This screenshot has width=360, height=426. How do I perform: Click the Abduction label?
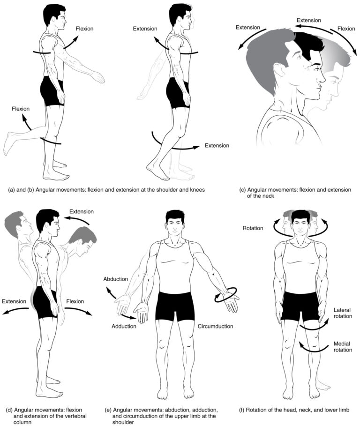[x=116, y=279]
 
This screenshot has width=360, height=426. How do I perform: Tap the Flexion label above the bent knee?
[x=21, y=109]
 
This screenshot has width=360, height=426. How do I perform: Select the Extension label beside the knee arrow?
[x=217, y=146]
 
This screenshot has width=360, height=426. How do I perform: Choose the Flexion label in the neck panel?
[x=346, y=28]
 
